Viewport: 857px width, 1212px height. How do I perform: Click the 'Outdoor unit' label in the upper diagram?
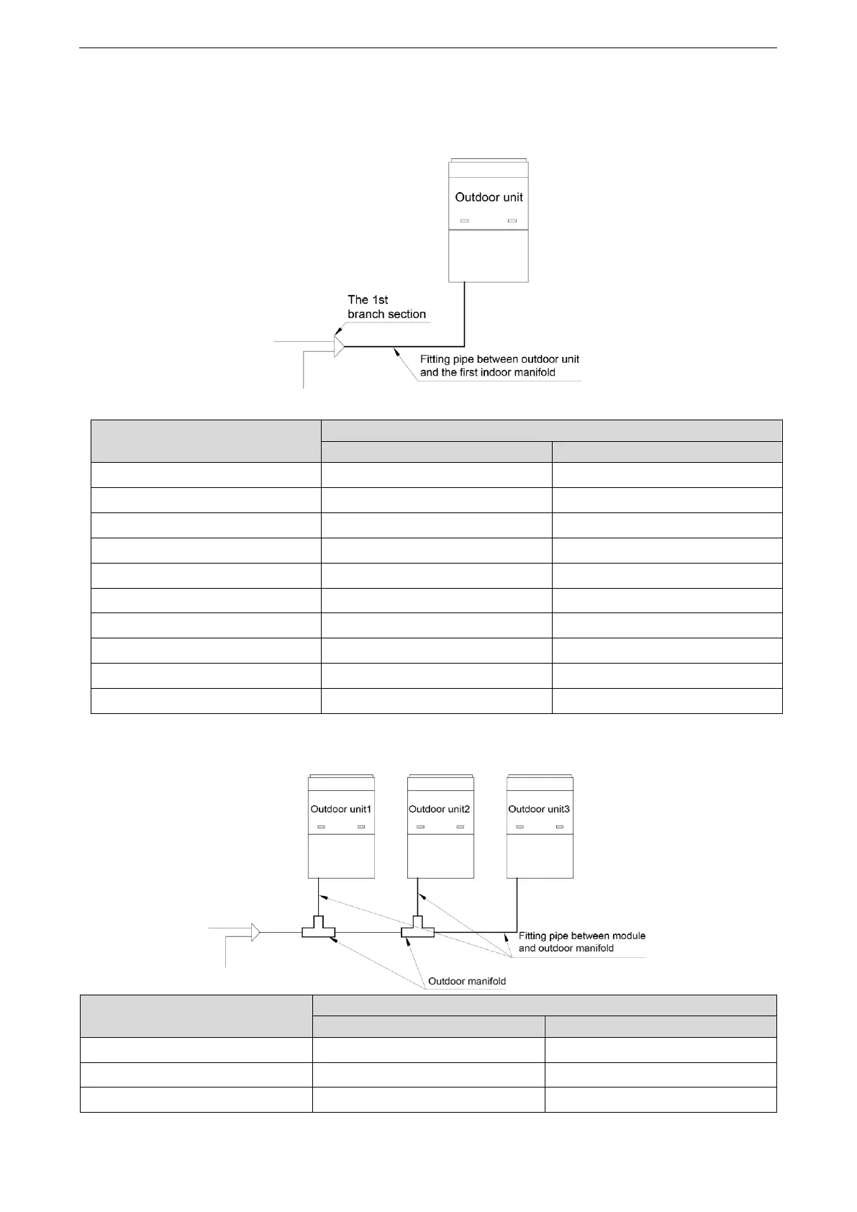pos(489,197)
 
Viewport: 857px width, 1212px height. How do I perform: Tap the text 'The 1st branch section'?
pos(386,307)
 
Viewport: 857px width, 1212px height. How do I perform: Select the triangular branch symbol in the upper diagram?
pos(339,346)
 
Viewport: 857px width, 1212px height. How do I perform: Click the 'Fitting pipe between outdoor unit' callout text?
pos(499,359)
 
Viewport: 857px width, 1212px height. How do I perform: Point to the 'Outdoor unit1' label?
pos(340,809)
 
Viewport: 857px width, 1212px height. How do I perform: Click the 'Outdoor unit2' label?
pos(439,809)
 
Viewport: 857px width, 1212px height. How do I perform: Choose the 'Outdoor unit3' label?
pos(539,809)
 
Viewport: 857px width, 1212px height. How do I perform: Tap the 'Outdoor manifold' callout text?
pos(467,981)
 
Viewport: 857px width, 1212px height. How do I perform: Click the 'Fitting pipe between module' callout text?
pos(582,936)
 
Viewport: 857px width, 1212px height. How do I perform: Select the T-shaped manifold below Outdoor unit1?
pos(318,930)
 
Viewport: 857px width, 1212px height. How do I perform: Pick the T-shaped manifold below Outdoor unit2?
pos(417,930)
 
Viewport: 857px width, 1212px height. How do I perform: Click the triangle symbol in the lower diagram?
pos(255,932)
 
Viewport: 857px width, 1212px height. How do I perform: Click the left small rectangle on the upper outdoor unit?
pos(465,221)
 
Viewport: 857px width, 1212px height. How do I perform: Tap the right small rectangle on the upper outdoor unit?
pos(512,221)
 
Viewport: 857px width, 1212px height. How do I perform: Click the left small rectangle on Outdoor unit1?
pos(322,827)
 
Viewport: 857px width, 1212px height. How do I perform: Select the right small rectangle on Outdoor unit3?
pos(559,827)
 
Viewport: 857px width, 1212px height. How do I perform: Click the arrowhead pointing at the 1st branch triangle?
pos(337,330)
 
